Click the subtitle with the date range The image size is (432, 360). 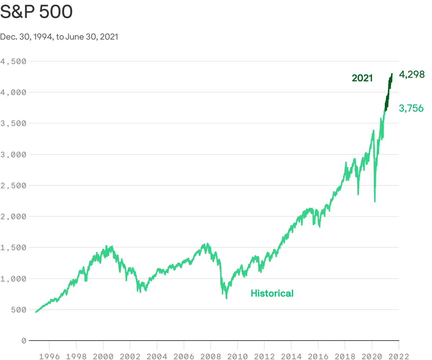click(x=59, y=37)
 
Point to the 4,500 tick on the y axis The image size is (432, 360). click(x=13, y=61)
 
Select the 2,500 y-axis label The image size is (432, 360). click(x=13, y=185)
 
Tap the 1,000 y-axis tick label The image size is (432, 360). click(x=13, y=279)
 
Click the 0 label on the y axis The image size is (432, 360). click(x=24, y=341)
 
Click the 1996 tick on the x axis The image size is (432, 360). click(x=49, y=356)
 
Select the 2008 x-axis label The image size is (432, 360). click(x=210, y=356)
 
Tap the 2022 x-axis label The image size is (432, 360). click(x=398, y=356)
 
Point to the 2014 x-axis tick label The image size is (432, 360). click(x=291, y=356)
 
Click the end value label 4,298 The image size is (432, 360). click(x=412, y=75)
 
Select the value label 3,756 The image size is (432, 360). click(x=411, y=108)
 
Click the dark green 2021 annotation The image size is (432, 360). click(x=362, y=78)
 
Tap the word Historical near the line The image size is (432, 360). click(x=272, y=293)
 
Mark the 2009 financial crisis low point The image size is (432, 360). click(x=226, y=298)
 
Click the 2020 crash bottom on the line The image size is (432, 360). click(x=375, y=201)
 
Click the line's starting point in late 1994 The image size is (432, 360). click(x=36, y=312)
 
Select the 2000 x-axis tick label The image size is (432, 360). click(x=103, y=356)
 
